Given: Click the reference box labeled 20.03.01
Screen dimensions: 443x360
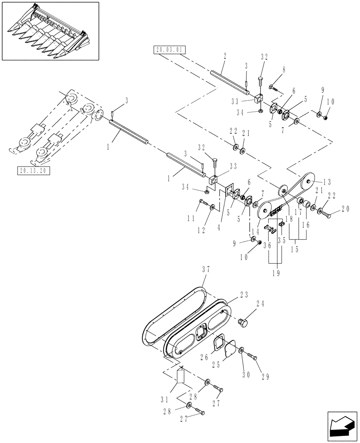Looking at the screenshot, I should (x=169, y=50).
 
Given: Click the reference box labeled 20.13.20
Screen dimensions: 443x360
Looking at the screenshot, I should (x=33, y=171).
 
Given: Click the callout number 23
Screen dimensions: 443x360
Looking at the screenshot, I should (x=243, y=295).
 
